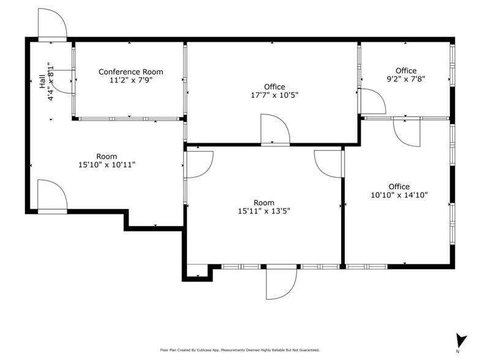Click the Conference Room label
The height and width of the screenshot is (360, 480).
coord(131,72)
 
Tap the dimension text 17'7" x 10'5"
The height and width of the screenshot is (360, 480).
coord(274,96)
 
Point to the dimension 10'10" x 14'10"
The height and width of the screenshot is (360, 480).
coord(399,195)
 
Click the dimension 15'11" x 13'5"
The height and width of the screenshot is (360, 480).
coord(264,211)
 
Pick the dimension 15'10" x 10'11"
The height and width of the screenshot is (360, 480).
coord(107,165)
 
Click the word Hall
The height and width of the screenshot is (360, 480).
coord(42,82)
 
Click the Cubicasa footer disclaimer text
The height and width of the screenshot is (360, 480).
coord(240,350)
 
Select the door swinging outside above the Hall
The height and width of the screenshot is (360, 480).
coord(53,24)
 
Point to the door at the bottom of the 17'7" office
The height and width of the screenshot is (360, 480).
coord(275,130)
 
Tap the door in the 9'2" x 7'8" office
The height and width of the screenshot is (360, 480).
coord(372,102)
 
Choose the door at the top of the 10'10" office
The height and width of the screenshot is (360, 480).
coord(407,132)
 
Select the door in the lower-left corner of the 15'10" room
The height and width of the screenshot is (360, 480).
coord(53,197)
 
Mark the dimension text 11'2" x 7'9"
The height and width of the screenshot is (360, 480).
coord(131,81)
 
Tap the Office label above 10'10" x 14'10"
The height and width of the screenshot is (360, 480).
coord(399,186)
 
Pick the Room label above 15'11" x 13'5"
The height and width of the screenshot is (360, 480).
coord(264,203)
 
